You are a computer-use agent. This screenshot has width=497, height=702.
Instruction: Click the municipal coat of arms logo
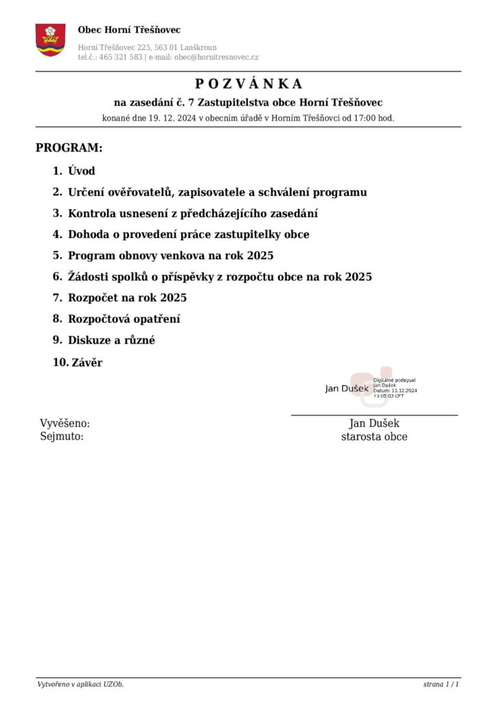(50, 39)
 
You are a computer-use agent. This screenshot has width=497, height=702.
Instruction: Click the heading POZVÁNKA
(248, 84)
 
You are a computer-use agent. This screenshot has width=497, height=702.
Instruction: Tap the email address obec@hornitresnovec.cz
(216, 58)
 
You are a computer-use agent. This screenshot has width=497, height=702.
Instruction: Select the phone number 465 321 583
(121, 58)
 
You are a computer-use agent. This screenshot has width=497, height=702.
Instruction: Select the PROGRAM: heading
(69, 148)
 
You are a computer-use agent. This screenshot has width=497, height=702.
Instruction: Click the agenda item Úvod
(82, 171)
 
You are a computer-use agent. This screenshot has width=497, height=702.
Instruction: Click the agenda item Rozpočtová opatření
(124, 319)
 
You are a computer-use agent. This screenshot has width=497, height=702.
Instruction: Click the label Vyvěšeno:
(65, 424)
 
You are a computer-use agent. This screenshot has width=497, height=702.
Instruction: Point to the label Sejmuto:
(62, 436)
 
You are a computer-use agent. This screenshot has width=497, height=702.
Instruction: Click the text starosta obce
(374, 437)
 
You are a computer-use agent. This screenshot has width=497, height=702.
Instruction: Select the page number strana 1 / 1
(441, 685)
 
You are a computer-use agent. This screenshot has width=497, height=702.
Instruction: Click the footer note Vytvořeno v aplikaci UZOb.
(80, 685)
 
